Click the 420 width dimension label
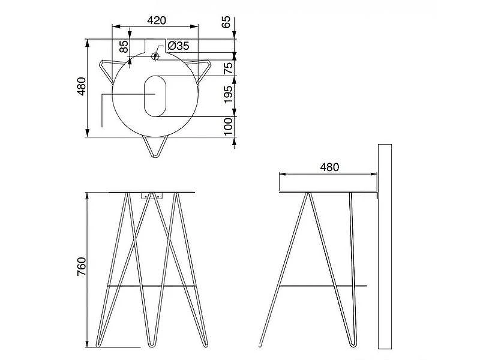[157, 20]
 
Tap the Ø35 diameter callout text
[178, 46]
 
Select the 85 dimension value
[124, 47]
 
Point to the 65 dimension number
[226, 22]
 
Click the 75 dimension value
[228, 68]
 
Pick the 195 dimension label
[228, 94]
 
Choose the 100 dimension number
[228, 127]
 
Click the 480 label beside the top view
[82, 86]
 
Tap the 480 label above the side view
[329, 167]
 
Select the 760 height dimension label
[82, 266]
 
